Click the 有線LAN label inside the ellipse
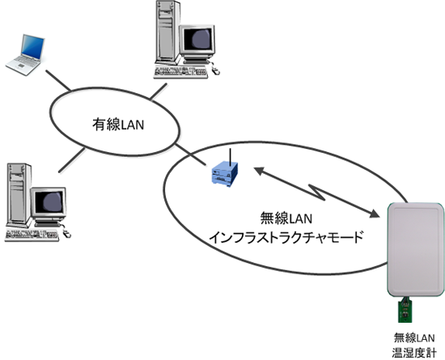tap(118, 125)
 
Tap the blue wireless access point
tap(224, 174)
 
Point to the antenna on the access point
tap(231, 157)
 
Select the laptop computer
tap(25, 55)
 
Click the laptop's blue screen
tap(33, 47)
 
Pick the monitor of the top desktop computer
tap(197, 43)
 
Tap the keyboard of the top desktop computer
tap(180, 72)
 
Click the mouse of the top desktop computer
tap(215, 70)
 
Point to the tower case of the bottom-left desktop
tap(19, 195)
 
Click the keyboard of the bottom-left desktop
tap(32, 235)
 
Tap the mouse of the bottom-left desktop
tap(66, 234)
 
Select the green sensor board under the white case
tap(405, 310)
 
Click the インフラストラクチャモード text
tap(286, 237)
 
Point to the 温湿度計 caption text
tap(414, 353)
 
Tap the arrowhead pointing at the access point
tap(260, 171)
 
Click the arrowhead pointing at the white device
tap(374, 214)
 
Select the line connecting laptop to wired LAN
tap(58, 80)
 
